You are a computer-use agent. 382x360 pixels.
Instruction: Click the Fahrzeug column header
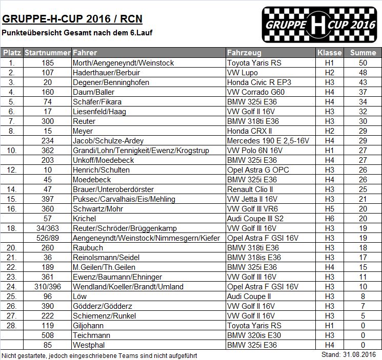pyautogui.click(x=244, y=53)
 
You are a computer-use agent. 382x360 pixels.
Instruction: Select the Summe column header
pyautogui.click(x=363, y=53)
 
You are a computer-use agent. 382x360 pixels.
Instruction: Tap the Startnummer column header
pyautogui.click(x=48, y=53)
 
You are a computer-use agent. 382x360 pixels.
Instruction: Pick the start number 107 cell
pyautogui.click(x=48, y=73)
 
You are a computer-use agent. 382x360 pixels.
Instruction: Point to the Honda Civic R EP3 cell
pyautogui.click(x=255, y=82)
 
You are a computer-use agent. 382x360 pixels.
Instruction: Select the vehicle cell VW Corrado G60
pyautogui.click(x=255, y=92)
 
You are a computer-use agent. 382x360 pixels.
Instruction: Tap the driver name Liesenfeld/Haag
pyautogui.click(x=101, y=112)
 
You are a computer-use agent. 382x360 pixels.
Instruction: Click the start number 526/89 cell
pyautogui.click(x=48, y=238)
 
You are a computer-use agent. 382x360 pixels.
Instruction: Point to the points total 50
pyautogui.click(x=363, y=63)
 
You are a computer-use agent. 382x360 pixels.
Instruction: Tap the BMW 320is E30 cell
pyautogui.click(x=251, y=335)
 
